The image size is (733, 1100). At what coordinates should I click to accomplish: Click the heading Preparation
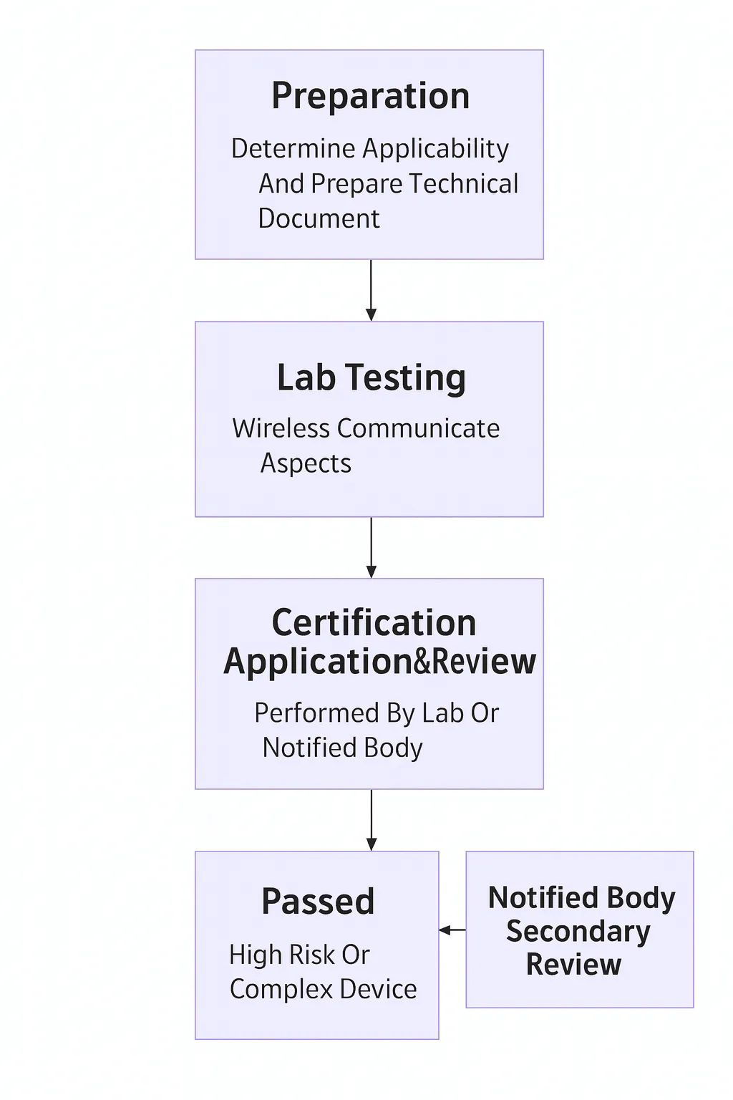point(370,96)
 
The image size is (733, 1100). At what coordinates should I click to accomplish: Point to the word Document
point(319,218)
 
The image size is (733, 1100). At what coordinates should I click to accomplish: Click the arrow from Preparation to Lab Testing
point(371,290)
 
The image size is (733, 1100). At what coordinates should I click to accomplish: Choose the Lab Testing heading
point(371,377)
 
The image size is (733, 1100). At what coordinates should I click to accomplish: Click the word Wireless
point(281,428)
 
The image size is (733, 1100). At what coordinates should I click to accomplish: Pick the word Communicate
point(418,428)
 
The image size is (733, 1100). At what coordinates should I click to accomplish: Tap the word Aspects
point(306,463)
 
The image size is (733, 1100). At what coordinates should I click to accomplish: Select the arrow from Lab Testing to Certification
point(371,547)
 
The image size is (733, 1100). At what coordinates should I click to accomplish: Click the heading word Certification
point(374,622)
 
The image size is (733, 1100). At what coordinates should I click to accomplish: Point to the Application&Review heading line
point(379,661)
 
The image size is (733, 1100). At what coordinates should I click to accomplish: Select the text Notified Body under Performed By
point(342,748)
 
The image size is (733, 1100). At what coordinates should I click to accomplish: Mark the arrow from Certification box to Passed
point(371,820)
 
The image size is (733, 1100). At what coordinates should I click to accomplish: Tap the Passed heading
point(318,901)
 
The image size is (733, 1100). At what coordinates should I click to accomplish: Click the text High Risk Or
point(299,955)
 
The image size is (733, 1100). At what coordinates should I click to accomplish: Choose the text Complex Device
point(323,989)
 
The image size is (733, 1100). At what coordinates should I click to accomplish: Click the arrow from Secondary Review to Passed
point(452,930)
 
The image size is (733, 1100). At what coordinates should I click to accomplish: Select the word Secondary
point(578,931)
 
